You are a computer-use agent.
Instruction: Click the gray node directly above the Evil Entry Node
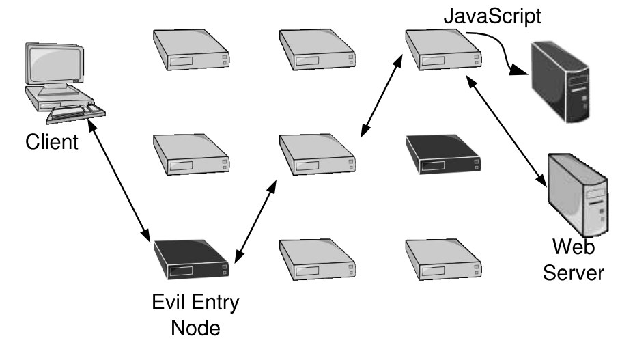tap(191, 152)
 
